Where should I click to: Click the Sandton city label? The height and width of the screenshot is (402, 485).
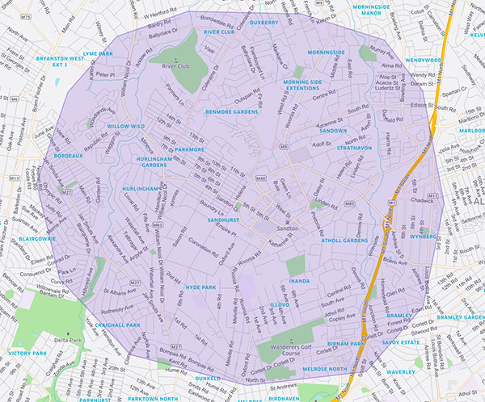point(289,228)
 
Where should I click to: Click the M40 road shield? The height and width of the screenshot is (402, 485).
point(260,177)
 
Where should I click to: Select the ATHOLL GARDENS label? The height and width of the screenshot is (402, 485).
point(344,241)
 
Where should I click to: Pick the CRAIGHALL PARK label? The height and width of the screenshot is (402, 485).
point(117,325)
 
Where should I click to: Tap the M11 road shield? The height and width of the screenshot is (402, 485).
point(433,196)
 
